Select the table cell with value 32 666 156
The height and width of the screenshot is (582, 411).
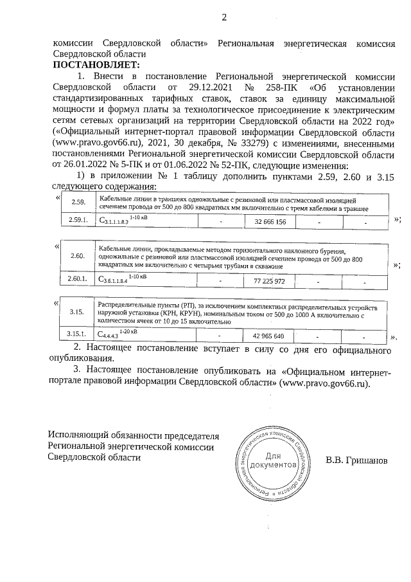pos(270,221)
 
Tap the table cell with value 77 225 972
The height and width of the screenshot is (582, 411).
pos(270,281)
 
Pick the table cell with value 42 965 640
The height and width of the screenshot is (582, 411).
pos(268,336)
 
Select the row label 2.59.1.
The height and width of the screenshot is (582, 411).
pos(77,221)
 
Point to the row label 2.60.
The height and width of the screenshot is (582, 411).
pos(77,259)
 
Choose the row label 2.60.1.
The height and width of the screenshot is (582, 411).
pos(77,281)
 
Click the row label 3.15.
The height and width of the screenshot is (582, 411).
pos(77,313)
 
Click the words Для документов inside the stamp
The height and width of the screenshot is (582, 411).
pos(273,460)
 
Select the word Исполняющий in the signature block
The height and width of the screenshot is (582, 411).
pos(80,435)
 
